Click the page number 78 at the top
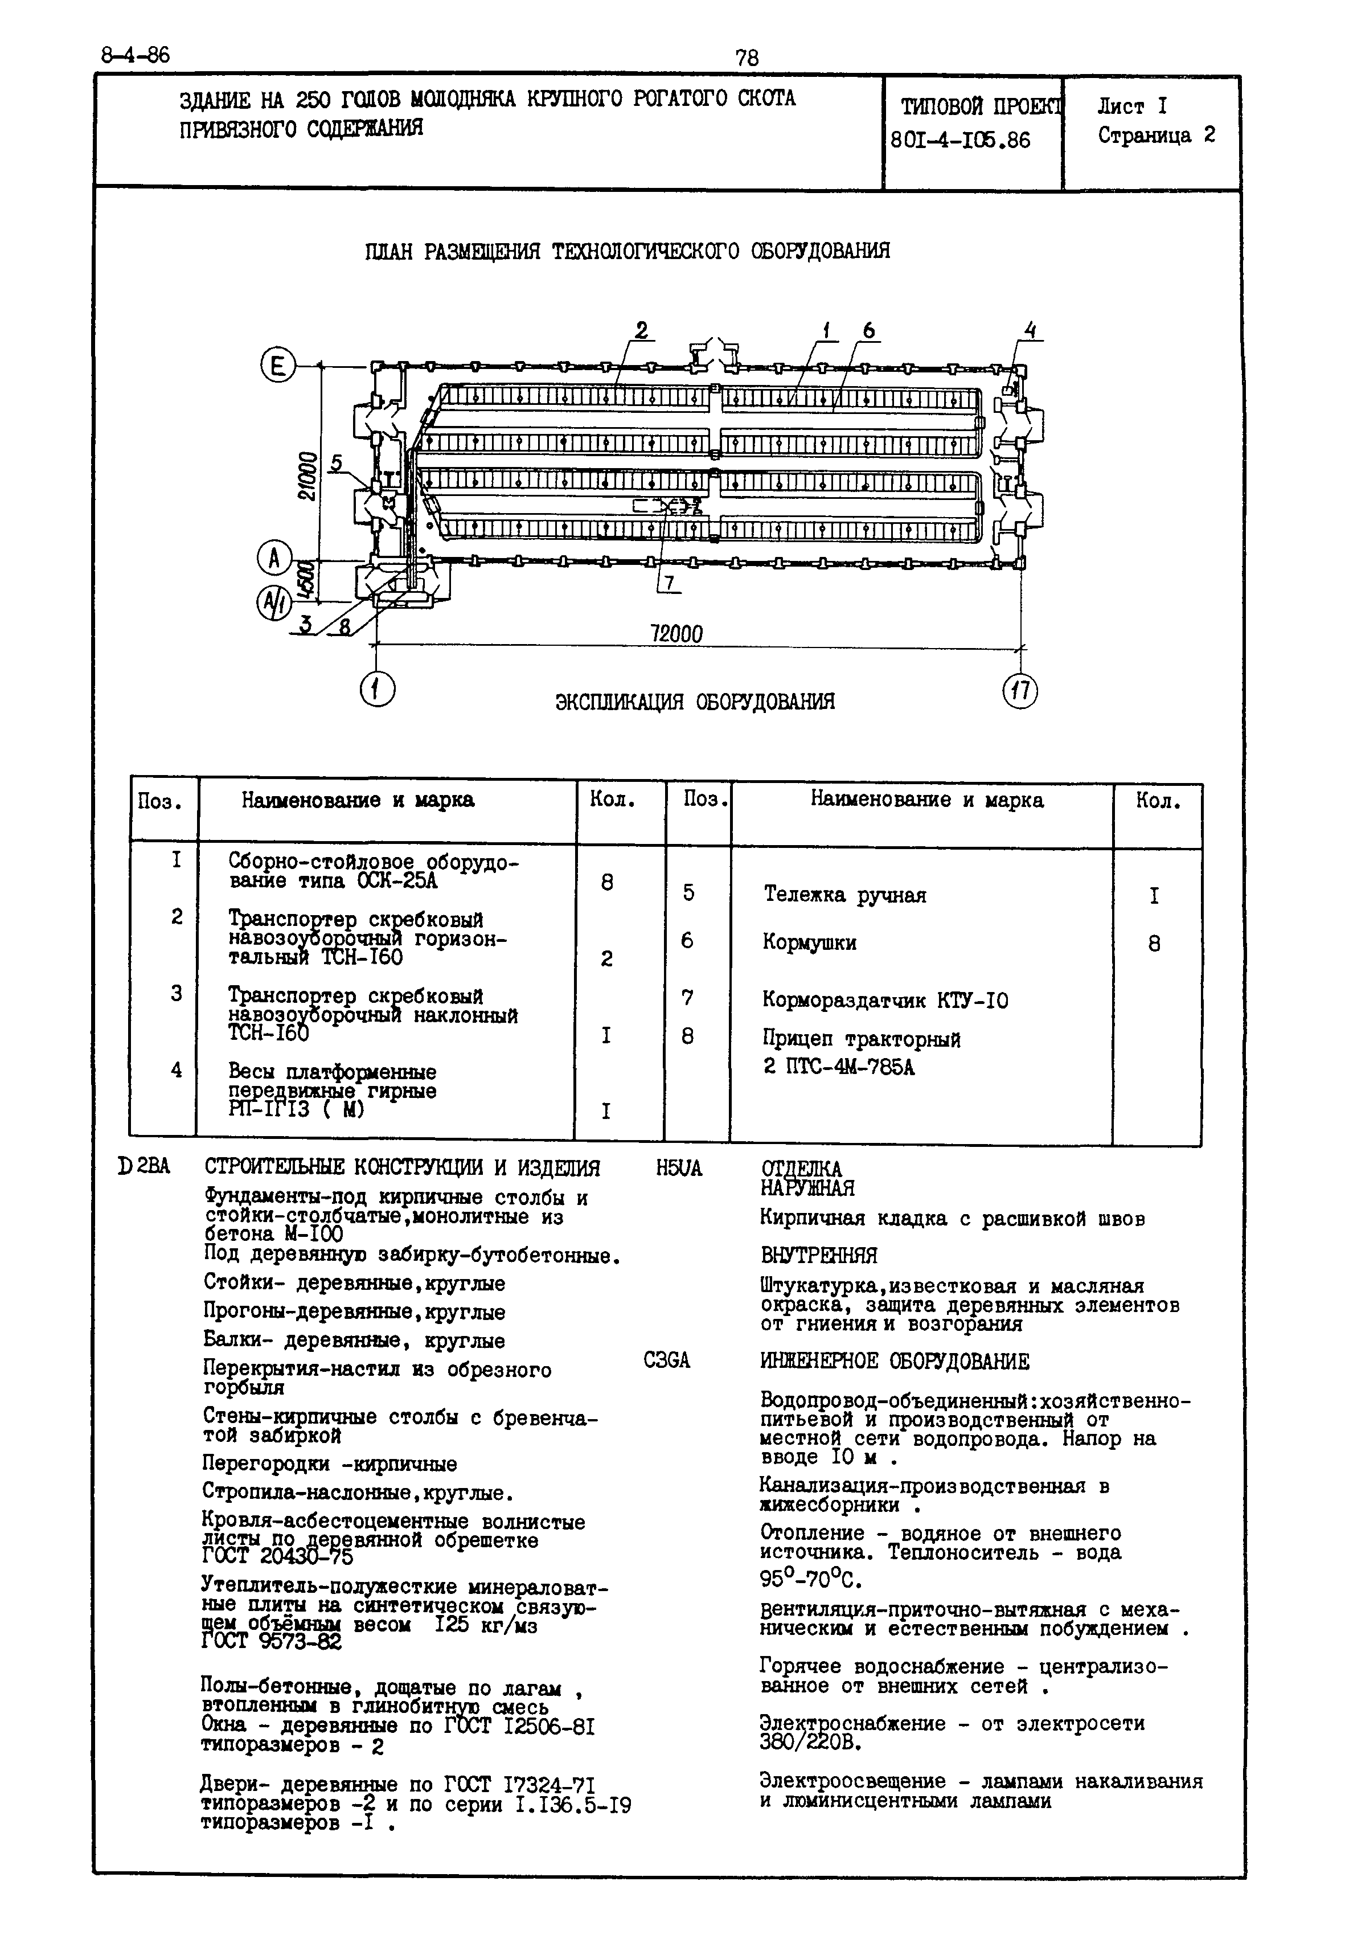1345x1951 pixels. click(x=747, y=58)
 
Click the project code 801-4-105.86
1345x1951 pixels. click(x=961, y=140)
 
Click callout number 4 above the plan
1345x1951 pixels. click(x=1029, y=330)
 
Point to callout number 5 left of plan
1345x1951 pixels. click(x=336, y=462)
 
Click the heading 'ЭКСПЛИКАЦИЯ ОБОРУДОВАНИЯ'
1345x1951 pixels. click(x=695, y=702)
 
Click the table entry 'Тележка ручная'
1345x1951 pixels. click(x=844, y=895)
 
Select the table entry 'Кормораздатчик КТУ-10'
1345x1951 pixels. click(x=885, y=1001)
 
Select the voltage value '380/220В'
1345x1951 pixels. click(x=810, y=1741)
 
